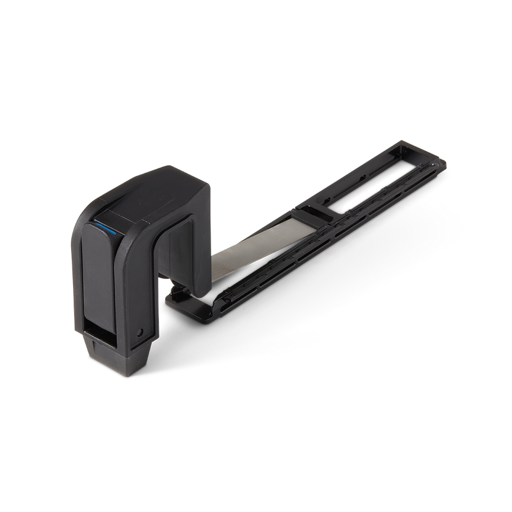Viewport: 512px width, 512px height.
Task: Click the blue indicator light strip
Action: [104, 227]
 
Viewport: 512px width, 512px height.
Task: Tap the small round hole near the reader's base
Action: [140, 332]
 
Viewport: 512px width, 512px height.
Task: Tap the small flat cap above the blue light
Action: [112, 213]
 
